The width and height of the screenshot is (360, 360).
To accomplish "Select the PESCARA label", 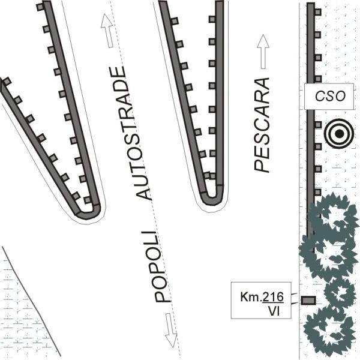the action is coord(262,125).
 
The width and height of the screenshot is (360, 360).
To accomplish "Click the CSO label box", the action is coord(329,97).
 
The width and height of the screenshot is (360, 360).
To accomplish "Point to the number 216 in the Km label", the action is coord(273,297).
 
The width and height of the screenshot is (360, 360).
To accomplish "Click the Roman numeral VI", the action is coord(274,311).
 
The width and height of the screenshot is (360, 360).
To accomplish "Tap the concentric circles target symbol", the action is coord(339,134).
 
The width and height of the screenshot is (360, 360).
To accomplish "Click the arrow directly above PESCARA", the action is coord(263,52).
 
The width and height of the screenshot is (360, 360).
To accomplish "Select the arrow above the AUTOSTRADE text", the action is coord(107,31).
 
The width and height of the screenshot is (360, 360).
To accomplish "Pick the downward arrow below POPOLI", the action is coord(171,330).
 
